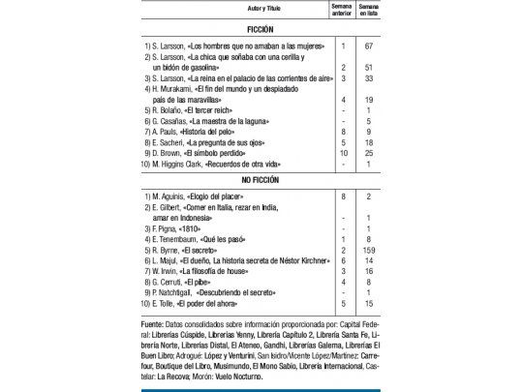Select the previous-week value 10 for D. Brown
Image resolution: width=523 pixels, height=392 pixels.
coord(342,153)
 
